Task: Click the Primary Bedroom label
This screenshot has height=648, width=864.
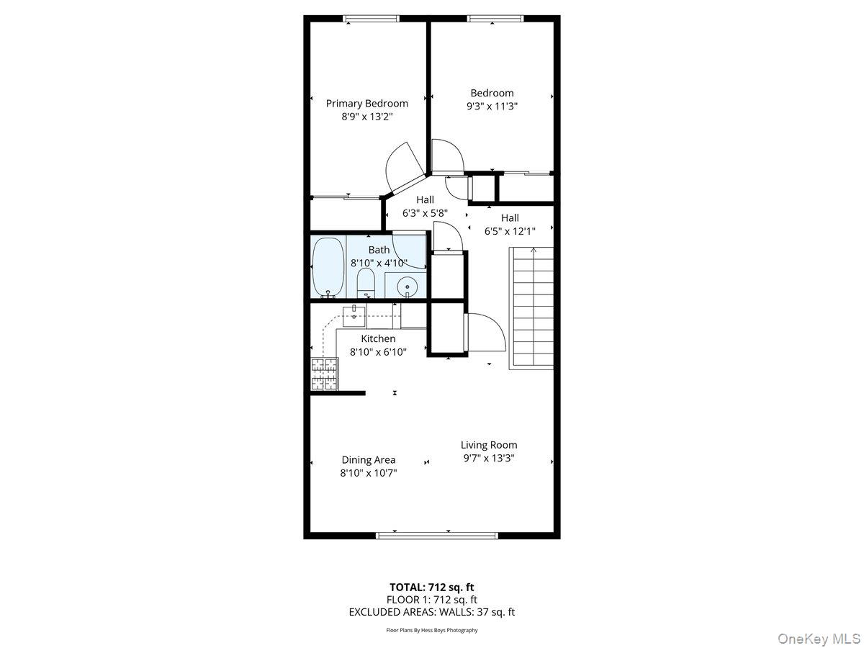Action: [366, 103]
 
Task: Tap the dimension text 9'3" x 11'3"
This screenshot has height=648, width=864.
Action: [492, 106]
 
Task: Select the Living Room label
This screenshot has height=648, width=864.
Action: [489, 445]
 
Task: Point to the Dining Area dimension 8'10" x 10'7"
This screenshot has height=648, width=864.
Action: [368, 473]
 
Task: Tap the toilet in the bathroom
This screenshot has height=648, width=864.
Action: [366, 284]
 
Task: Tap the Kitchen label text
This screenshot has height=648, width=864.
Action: [378, 338]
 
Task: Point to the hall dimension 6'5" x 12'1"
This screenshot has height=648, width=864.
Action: [510, 231]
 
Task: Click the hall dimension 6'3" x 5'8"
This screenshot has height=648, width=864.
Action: [425, 213]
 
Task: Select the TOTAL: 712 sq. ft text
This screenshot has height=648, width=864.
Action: [431, 587]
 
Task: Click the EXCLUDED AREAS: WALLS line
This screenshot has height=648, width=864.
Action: [431, 612]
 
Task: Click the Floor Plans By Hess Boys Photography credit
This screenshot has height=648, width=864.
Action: [431, 630]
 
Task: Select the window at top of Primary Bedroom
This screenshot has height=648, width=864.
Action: [371, 19]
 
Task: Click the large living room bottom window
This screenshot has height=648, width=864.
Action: [437, 535]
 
